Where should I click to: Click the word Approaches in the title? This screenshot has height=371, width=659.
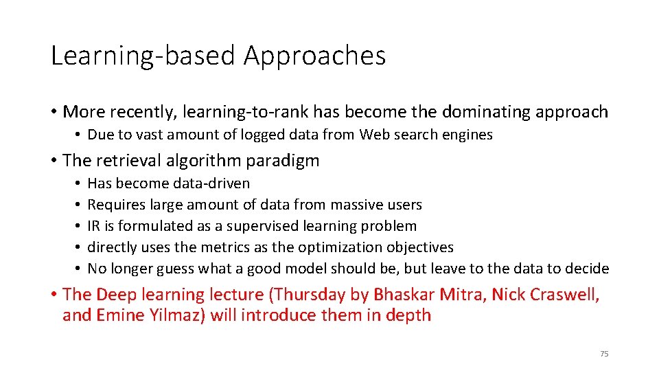tap(314, 56)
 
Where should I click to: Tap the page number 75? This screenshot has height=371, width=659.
tap(604, 354)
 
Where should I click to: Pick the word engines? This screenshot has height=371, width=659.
tap(468, 135)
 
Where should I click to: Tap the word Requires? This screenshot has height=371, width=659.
tap(114, 205)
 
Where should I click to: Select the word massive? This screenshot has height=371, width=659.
tap(357, 205)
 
